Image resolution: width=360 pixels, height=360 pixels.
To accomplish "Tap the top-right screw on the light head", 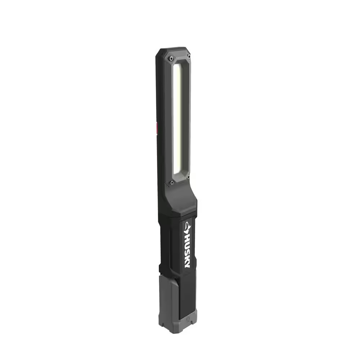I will coord(188,57).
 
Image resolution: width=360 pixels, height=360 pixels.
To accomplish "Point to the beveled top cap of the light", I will coord(173,51).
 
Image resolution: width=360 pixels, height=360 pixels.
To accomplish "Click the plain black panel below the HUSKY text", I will coord(187,288).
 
